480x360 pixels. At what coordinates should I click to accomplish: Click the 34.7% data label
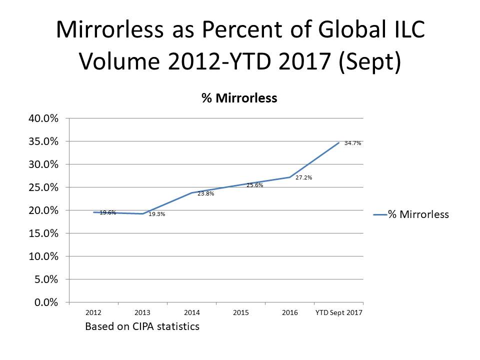(x=352, y=143)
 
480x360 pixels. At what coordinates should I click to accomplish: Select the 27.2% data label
(x=304, y=177)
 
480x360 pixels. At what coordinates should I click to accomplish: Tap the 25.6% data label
(x=255, y=185)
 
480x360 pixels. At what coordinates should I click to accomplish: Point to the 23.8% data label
(x=206, y=193)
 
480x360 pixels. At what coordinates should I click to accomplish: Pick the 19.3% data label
(x=157, y=214)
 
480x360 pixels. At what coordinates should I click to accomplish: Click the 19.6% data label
(x=108, y=212)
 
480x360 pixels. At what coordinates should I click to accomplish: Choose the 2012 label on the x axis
(x=93, y=313)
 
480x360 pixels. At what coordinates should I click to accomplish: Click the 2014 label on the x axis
(x=192, y=313)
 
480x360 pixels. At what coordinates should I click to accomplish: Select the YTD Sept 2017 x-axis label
(x=339, y=313)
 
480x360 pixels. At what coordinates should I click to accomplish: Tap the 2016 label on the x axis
(x=290, y=313)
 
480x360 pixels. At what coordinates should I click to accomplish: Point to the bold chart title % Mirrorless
(x=239, y=98)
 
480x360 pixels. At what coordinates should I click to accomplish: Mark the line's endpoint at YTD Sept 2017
(x=339, y=142)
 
